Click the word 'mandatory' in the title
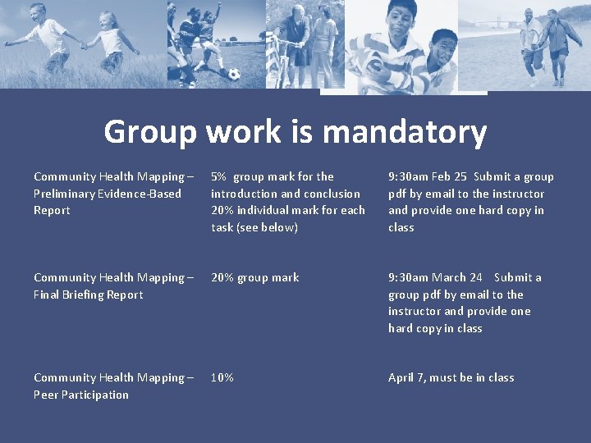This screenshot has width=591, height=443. click(x=405, y=131)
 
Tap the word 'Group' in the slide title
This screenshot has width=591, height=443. click(x=149, y=131)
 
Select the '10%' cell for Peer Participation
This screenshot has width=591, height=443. click(x=222, y=377)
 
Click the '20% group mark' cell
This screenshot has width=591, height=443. click(x=255, y=277)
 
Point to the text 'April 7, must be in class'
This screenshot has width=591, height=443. click(x=451, y=377)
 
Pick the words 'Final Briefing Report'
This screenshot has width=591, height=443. click(x=89, y=295)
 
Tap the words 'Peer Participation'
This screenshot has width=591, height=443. click(x=81, y=395)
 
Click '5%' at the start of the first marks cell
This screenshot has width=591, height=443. click(x=219, y=176)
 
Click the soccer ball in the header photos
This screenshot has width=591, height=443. click(x=235, y=74)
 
